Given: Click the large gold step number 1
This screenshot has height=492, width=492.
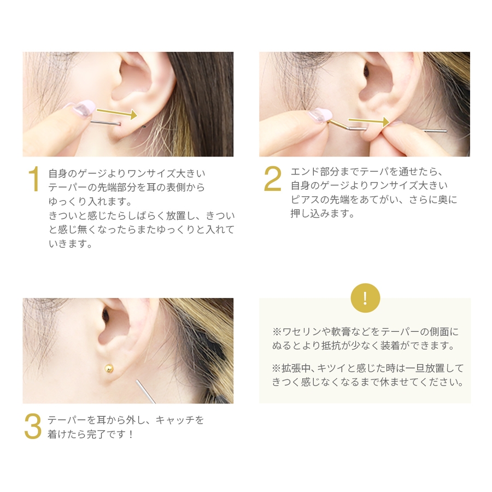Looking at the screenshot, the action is (x=34, y=179).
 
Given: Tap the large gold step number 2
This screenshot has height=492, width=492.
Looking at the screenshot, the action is (x=272, y=178).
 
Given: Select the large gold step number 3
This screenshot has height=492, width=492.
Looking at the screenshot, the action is (x=33, y=426).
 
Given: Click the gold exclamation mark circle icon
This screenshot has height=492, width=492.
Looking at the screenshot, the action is (x=365, y=298).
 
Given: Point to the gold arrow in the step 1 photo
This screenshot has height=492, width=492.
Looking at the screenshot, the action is (x=117, y=113).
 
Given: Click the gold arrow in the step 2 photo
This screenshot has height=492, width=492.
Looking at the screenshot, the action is (x=368, y=121).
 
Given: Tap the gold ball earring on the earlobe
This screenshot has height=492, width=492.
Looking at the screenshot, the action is (x=109, y=368).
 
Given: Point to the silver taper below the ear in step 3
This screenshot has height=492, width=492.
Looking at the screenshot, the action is (x=145, y=391).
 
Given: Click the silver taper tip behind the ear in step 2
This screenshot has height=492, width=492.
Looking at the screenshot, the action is (x=435, y=130).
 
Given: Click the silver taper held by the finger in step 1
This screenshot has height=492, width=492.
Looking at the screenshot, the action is (x=106, y=123).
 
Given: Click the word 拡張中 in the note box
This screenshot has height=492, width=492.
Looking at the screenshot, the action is (x=291, y=368).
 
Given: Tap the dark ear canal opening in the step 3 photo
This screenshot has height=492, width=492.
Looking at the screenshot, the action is (x=106, y=314).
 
